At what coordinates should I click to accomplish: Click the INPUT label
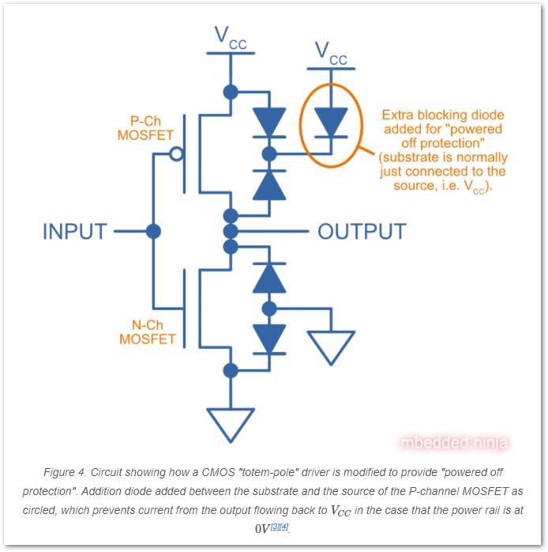click(x=74, y=232)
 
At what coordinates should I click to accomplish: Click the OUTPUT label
click(x=362, y=232)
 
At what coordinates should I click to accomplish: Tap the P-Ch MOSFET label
click(x=145, y=128)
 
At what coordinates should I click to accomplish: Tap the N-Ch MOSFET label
click(x=146, y=331)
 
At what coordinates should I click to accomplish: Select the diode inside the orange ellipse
click(x=330, y=123)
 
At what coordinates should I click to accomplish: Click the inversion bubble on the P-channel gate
click(x=175, y=153)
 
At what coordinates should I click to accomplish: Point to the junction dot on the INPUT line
click(x=153, y=232)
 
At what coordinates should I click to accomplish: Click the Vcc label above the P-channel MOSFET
click(x=231, y=38)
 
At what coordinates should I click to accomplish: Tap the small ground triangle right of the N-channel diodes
click(x=331, y=346)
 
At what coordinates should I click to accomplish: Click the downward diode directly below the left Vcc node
click(x=269, y=123)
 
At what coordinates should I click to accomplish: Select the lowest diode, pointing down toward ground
click(x=269, y=338)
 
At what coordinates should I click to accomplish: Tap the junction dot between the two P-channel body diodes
click(x=269, y=153)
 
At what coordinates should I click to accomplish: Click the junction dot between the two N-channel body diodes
click(x=269, y=308)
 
